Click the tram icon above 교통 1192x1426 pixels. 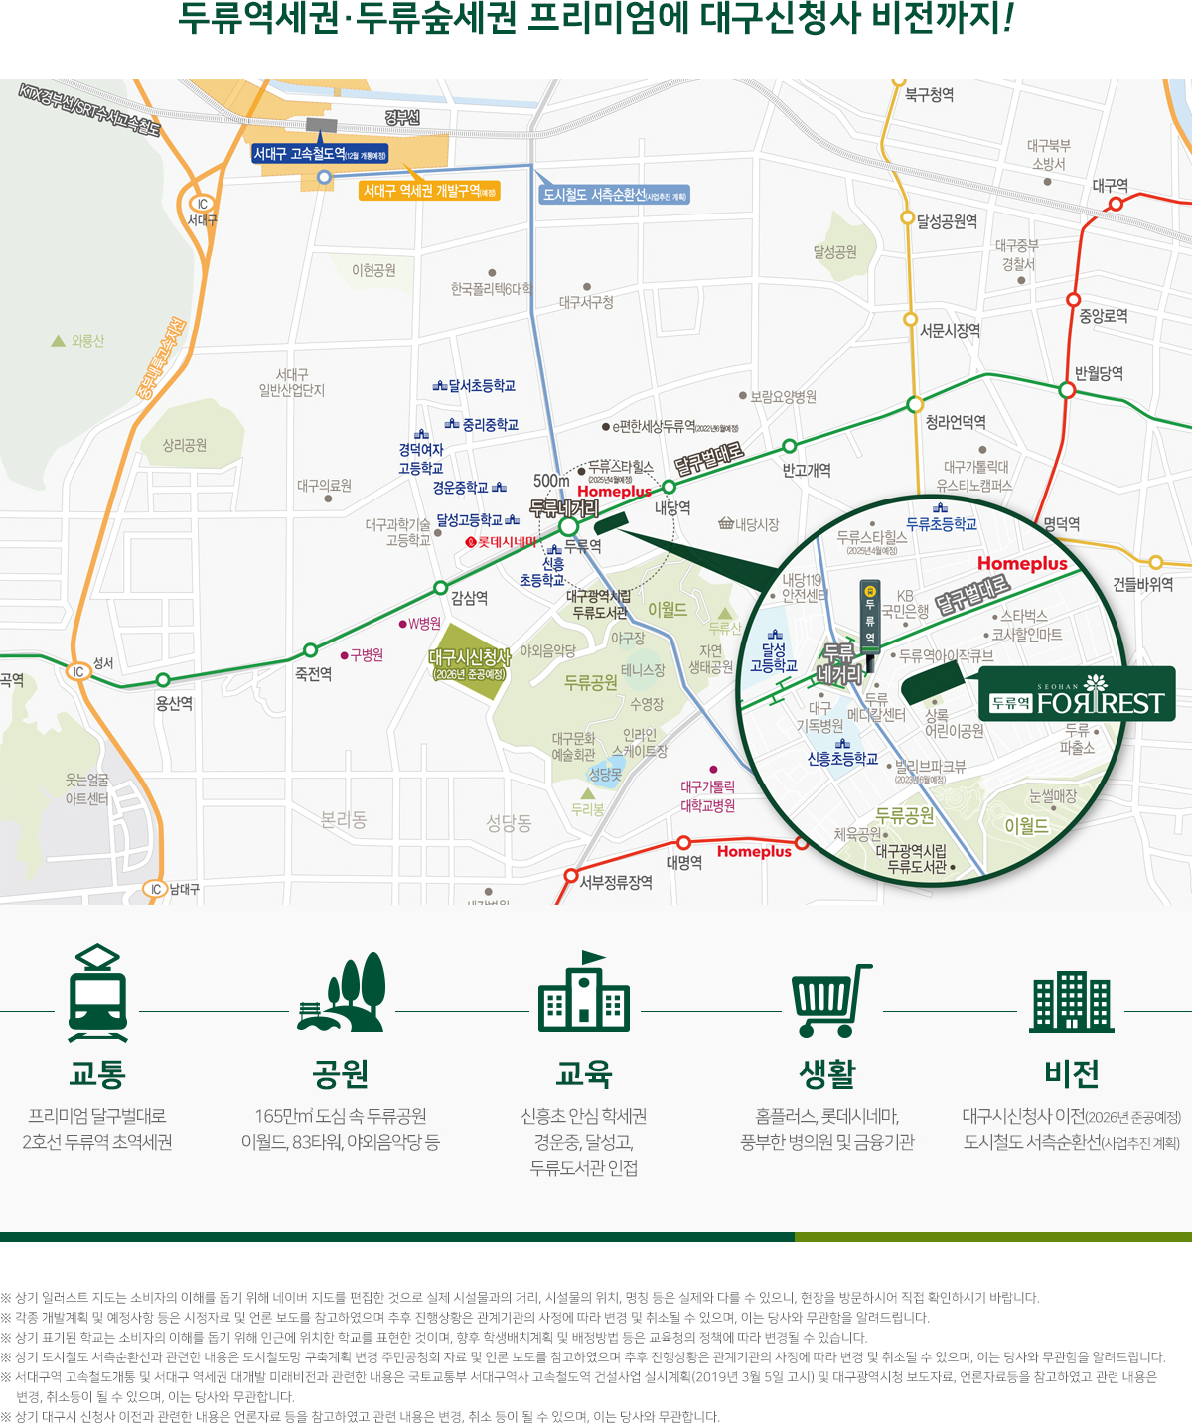tap(97, 993)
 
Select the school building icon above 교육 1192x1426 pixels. tap(583, 993)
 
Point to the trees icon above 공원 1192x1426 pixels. tap(341, 995)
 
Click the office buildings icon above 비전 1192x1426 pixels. tap(1071, 1002)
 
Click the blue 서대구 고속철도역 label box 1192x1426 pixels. tap(320, 154)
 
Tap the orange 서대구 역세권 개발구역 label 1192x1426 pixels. tap(429, 191)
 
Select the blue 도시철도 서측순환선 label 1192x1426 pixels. tap(614, 195)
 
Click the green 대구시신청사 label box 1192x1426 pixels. tap(469, 663)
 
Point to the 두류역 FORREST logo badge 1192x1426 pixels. tap(1078, 695)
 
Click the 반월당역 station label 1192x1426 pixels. tap(1099, 373)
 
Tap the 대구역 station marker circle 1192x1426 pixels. tap(1116, 204)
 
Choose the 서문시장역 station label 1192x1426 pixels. tap(950, 330)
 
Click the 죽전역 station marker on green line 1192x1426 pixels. tap(310, 650)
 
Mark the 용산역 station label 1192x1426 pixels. tap(174, 703)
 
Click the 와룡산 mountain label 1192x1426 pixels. tap(86, 341)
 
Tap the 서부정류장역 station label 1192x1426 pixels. tap(616, 882)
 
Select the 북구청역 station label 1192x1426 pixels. tap(929, 95)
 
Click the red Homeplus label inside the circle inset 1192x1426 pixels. tap(1021, 564)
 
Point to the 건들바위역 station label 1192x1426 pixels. tap(1142, 584)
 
